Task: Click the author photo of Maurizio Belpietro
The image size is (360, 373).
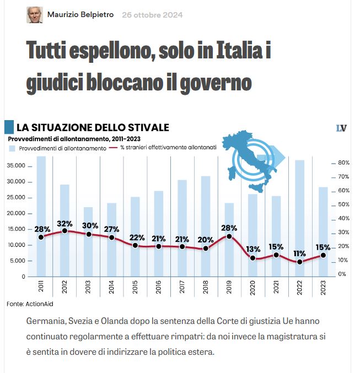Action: pyautogui.click(x=34, y=15)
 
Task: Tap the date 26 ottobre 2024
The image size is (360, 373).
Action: pyautogui.click(x=152, y=15)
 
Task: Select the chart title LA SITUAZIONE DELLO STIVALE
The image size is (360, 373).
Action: pyautogui.click(x=93, y=128)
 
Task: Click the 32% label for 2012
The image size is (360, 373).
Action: pyautogui.click(x=65, y=224)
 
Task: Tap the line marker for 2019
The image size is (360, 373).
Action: pyautogui.click(x=229, y=236)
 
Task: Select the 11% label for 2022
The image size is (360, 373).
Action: pyautogui.click(x=299, y=253)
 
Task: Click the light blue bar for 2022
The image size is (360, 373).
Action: pyautogui.click(x=299, y=209)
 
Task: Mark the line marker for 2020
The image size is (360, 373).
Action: pyautogui.click(x=252, y=258)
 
